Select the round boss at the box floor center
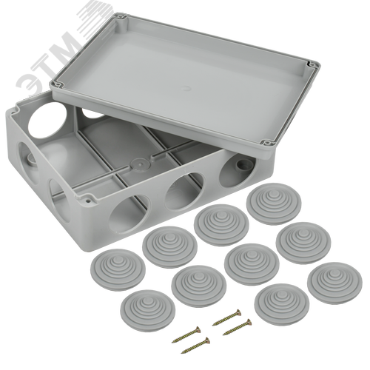click(138, 164)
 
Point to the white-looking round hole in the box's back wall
click(47, 120)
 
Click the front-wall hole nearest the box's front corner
click(129, 213)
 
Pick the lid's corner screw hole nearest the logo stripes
click(121, 18)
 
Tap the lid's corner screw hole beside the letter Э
click(59, 84)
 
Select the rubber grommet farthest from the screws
click(274, 203)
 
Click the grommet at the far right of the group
click(334, 283)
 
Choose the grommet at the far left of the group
click(118, 269)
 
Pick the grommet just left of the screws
click(148, 311)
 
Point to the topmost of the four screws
click(226, 317)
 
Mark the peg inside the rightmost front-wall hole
click(240, 165)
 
